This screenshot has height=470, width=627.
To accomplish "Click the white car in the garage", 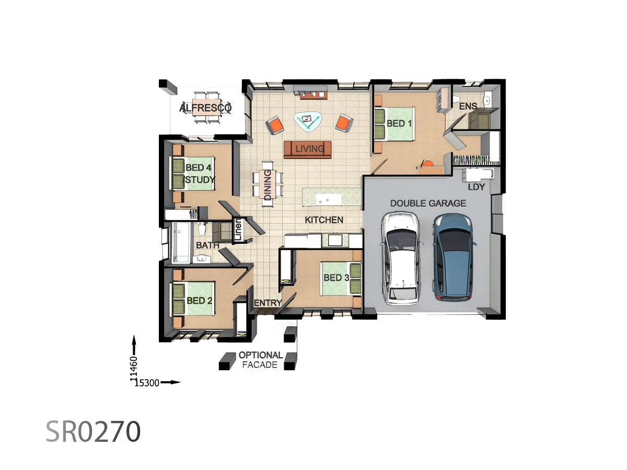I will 401,258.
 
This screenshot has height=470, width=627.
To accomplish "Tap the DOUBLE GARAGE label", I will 428,203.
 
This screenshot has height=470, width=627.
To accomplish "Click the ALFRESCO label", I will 205,108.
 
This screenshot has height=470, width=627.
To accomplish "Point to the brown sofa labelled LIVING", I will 308,149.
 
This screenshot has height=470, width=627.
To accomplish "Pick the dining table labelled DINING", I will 268,185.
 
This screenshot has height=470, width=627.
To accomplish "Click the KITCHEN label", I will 324,220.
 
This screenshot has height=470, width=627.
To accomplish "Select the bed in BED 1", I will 394,124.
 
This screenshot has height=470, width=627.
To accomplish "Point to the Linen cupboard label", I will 238,230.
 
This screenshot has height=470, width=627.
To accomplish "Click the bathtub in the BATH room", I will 182,242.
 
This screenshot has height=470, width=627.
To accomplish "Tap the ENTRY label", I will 268,303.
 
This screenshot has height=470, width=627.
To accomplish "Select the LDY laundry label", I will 476,187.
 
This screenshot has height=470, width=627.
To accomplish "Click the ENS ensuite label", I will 468,107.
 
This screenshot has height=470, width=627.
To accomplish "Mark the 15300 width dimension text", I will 147,383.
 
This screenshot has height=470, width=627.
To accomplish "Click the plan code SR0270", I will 93,431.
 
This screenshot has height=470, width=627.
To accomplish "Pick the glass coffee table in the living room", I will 307,121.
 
